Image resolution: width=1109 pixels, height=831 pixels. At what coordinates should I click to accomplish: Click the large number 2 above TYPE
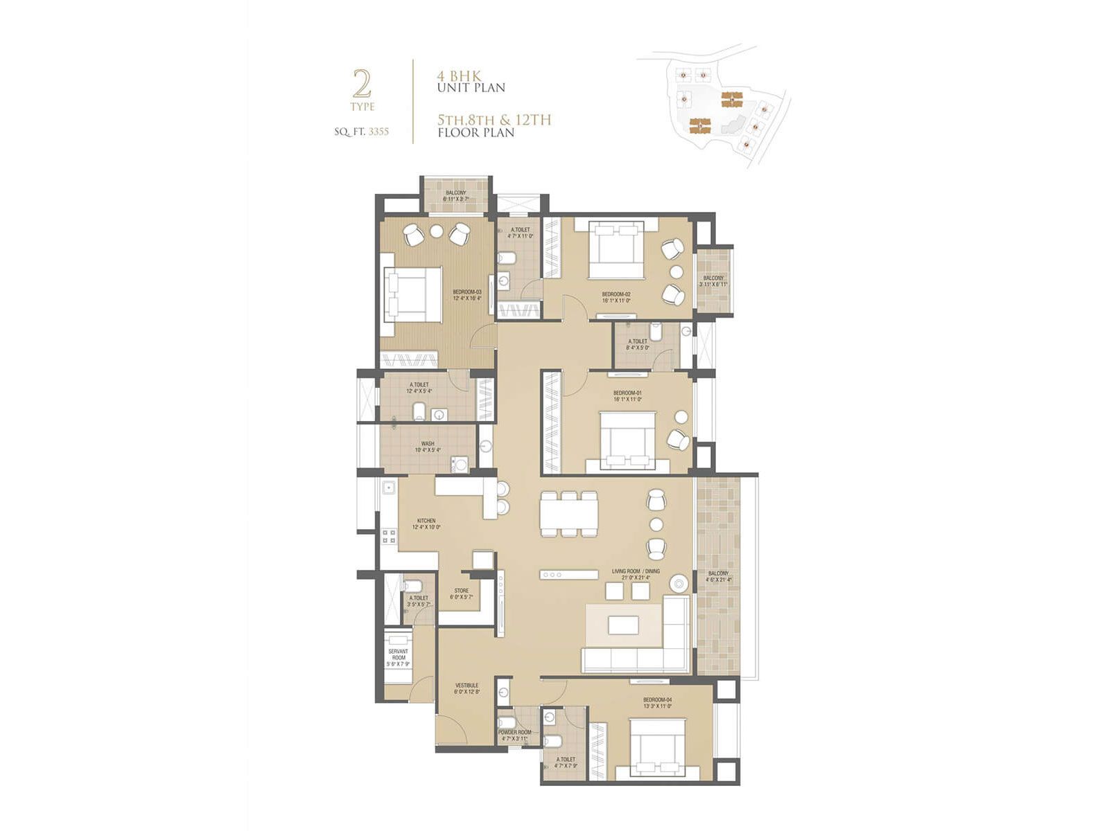[362, 84]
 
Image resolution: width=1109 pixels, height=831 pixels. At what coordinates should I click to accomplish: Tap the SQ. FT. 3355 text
[361, 132]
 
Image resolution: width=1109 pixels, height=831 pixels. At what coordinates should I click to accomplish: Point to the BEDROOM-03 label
[467, 292]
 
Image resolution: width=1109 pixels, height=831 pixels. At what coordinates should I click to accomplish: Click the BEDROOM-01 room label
[627, 393]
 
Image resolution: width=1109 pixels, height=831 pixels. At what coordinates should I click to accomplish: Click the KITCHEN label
[426, 521]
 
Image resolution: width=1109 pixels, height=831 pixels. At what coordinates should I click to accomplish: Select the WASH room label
[428, 444]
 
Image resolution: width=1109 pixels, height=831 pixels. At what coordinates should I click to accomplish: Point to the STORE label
[462, 591]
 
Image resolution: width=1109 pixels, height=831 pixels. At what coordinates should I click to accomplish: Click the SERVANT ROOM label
[398, 654]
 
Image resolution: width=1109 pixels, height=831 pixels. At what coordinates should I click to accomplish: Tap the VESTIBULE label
[466, 686]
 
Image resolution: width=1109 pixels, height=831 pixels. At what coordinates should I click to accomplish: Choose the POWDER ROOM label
[514, 733]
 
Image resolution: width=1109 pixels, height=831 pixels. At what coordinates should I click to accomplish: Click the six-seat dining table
[569, 514]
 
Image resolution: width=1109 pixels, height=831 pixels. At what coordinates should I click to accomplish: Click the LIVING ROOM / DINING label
[636, 572]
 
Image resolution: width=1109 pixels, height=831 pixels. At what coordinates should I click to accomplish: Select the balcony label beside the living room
[718, 574]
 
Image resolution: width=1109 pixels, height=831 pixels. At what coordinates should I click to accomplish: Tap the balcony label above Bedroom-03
[455, 193]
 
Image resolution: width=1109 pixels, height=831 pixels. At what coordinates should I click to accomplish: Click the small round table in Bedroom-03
[437, 231]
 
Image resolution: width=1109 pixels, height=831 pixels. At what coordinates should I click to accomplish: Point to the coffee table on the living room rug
[624, 625]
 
